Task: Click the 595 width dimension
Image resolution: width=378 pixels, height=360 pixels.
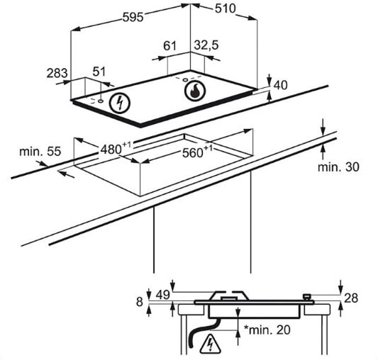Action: pos(133,17)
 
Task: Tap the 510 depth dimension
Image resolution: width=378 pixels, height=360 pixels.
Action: pos(225,9)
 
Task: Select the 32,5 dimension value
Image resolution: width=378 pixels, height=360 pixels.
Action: pos(206,45)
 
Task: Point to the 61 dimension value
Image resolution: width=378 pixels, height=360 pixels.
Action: pos(170,45)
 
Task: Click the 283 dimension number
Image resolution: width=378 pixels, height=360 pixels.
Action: pos(57,73)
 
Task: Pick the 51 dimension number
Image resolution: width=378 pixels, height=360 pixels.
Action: pos(99,72)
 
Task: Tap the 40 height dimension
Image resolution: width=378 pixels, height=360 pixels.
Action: pos(281,85)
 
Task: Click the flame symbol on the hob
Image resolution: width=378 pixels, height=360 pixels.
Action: pos(195,91)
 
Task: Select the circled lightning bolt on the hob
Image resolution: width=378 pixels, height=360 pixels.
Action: pos(120,103)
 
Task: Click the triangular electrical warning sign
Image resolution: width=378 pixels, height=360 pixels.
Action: pos(210,343)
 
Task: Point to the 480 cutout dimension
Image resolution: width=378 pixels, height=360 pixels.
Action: pos(116,148)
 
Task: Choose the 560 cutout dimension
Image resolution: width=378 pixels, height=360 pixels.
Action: pos(198,152)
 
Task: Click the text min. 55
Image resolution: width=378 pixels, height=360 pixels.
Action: pos(40,152)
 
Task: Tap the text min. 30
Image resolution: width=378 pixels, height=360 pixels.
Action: pos(338,167)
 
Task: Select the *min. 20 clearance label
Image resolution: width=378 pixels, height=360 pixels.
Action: pos(267,330)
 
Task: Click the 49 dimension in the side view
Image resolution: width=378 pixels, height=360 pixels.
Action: pos(163,295)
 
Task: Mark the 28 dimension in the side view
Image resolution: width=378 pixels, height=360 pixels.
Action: pos(351,298)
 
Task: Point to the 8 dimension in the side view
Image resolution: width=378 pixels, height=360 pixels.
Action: pos(140,302)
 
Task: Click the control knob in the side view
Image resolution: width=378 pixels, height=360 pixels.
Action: pos(307,297)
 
